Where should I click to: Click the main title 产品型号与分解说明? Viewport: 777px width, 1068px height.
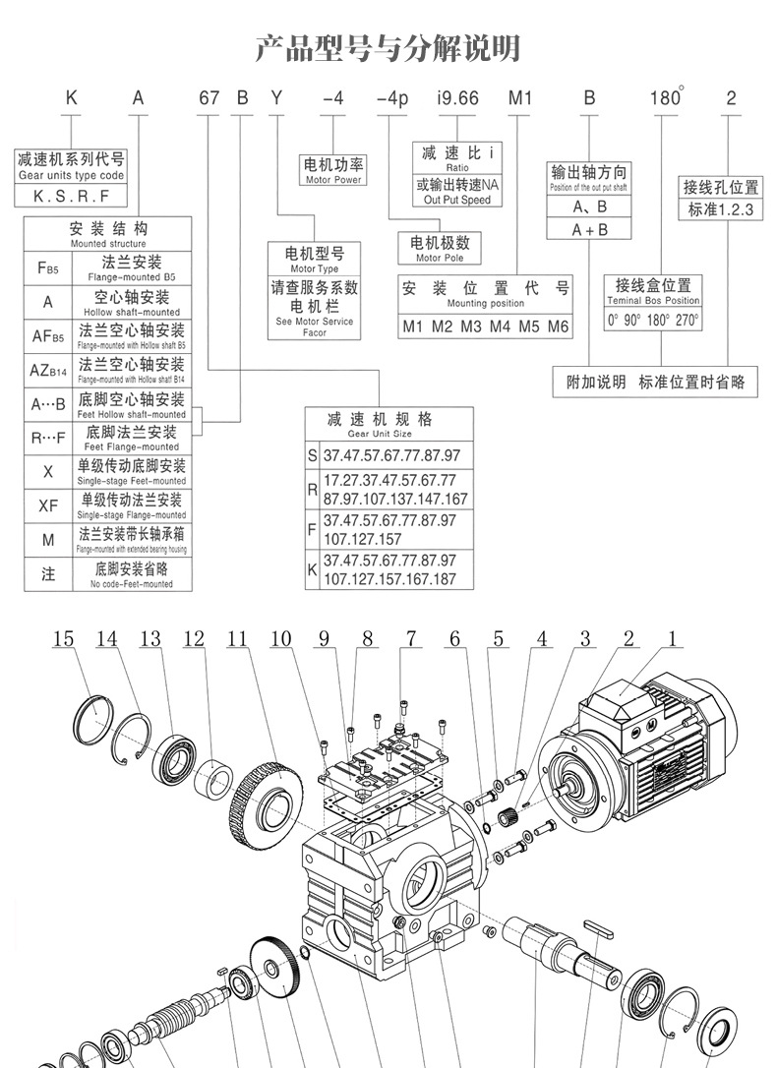388,46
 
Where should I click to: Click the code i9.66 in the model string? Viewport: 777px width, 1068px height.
456,98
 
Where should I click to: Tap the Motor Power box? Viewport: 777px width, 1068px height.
333,171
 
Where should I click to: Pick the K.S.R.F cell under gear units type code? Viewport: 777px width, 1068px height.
71,195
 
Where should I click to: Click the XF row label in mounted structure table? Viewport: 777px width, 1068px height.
48,505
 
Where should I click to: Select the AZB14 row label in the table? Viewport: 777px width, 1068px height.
48,370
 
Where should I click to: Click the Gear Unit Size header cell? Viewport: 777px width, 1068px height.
388,425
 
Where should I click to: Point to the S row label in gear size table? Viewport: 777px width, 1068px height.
313,456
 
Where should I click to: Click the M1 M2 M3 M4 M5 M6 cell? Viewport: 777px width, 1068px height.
485,326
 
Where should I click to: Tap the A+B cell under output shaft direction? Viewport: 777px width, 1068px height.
589,229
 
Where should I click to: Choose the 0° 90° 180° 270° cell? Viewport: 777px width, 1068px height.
653,320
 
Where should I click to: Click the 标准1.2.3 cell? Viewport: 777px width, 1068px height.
720,209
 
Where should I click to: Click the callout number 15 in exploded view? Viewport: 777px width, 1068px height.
63,639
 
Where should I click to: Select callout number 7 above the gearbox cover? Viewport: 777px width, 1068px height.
410,639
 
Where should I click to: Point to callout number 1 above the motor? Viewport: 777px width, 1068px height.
672,639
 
